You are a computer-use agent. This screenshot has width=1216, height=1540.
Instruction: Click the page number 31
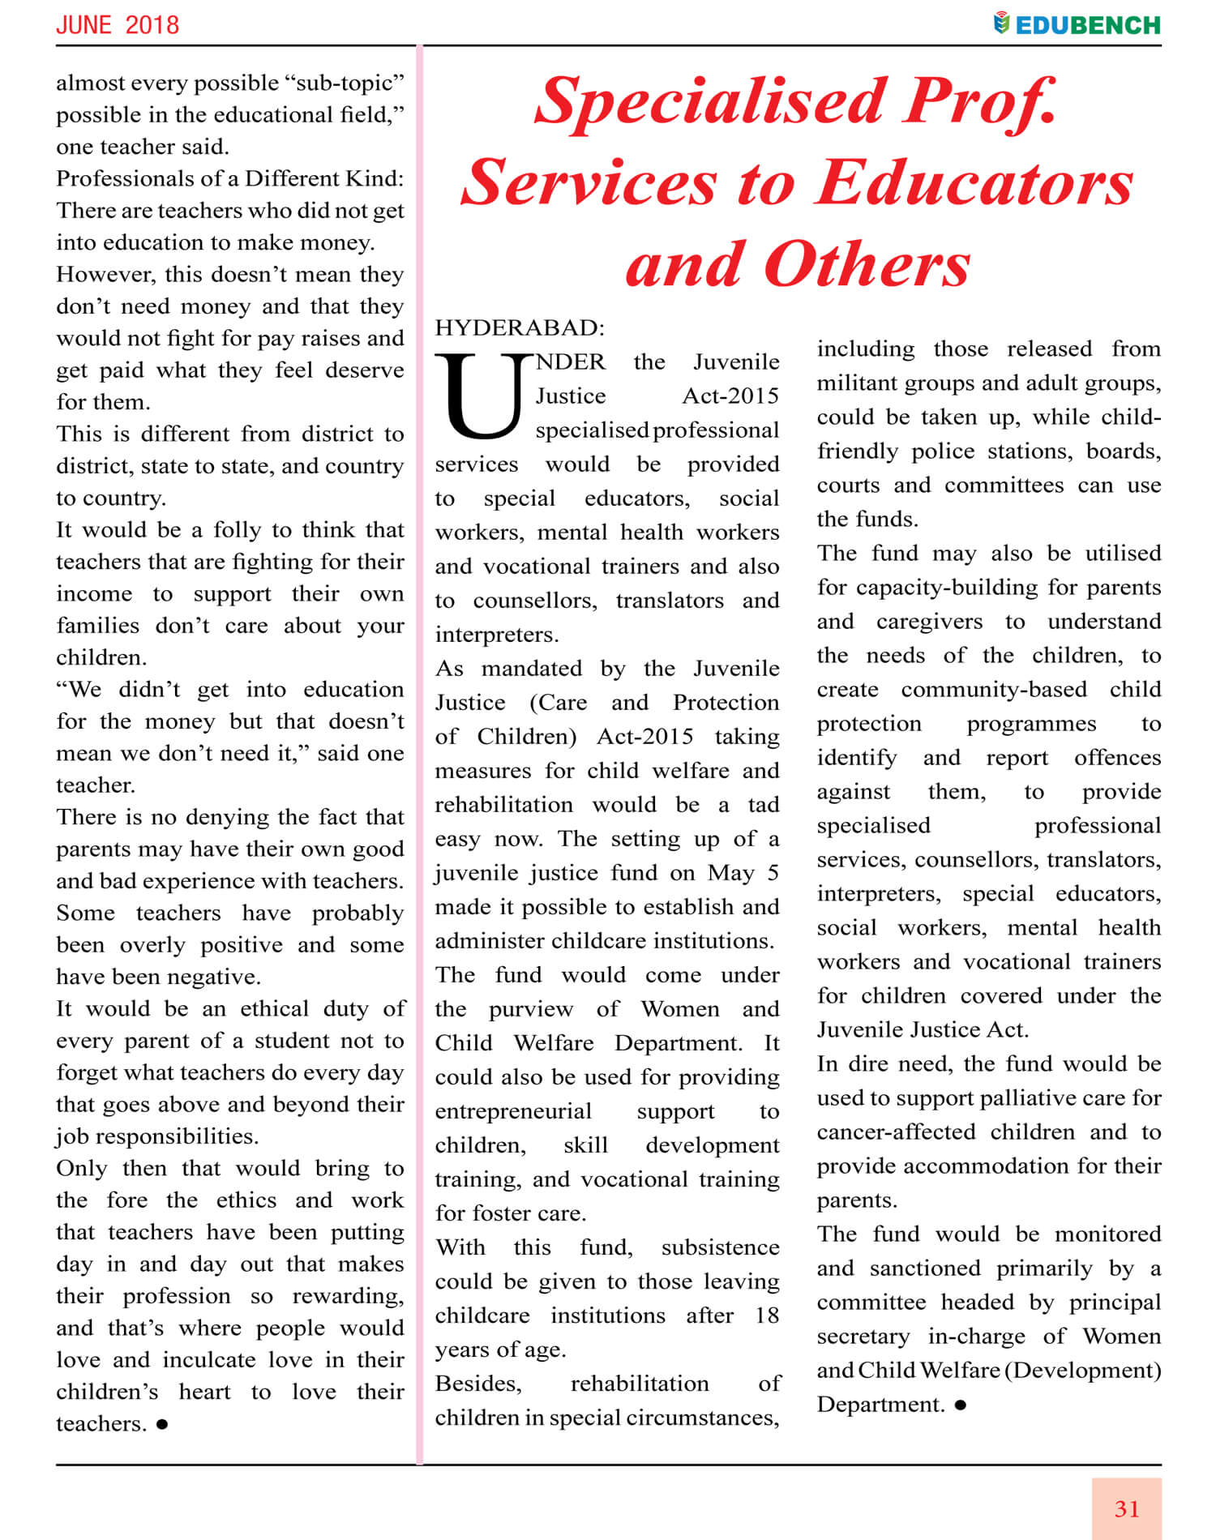[1126, 1508]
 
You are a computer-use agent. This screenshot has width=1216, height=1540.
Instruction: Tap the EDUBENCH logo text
[1087, 25]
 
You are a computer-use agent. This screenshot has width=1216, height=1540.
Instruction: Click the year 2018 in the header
[152, 25]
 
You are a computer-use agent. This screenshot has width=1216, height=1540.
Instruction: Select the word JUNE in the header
[84, 25]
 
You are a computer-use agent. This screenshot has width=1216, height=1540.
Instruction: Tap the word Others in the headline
[867, 265]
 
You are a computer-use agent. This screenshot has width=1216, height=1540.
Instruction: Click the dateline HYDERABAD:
[520, 327]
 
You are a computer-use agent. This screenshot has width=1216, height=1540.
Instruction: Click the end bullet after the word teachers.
[162, 1424]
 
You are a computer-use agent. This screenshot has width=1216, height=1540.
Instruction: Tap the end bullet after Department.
[961, 1405]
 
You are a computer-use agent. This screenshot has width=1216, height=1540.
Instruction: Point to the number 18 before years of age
[766, 1315]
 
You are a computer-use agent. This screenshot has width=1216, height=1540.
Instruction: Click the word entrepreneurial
[513, 1111]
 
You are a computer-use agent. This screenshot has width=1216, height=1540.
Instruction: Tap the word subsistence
[720, 1247]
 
